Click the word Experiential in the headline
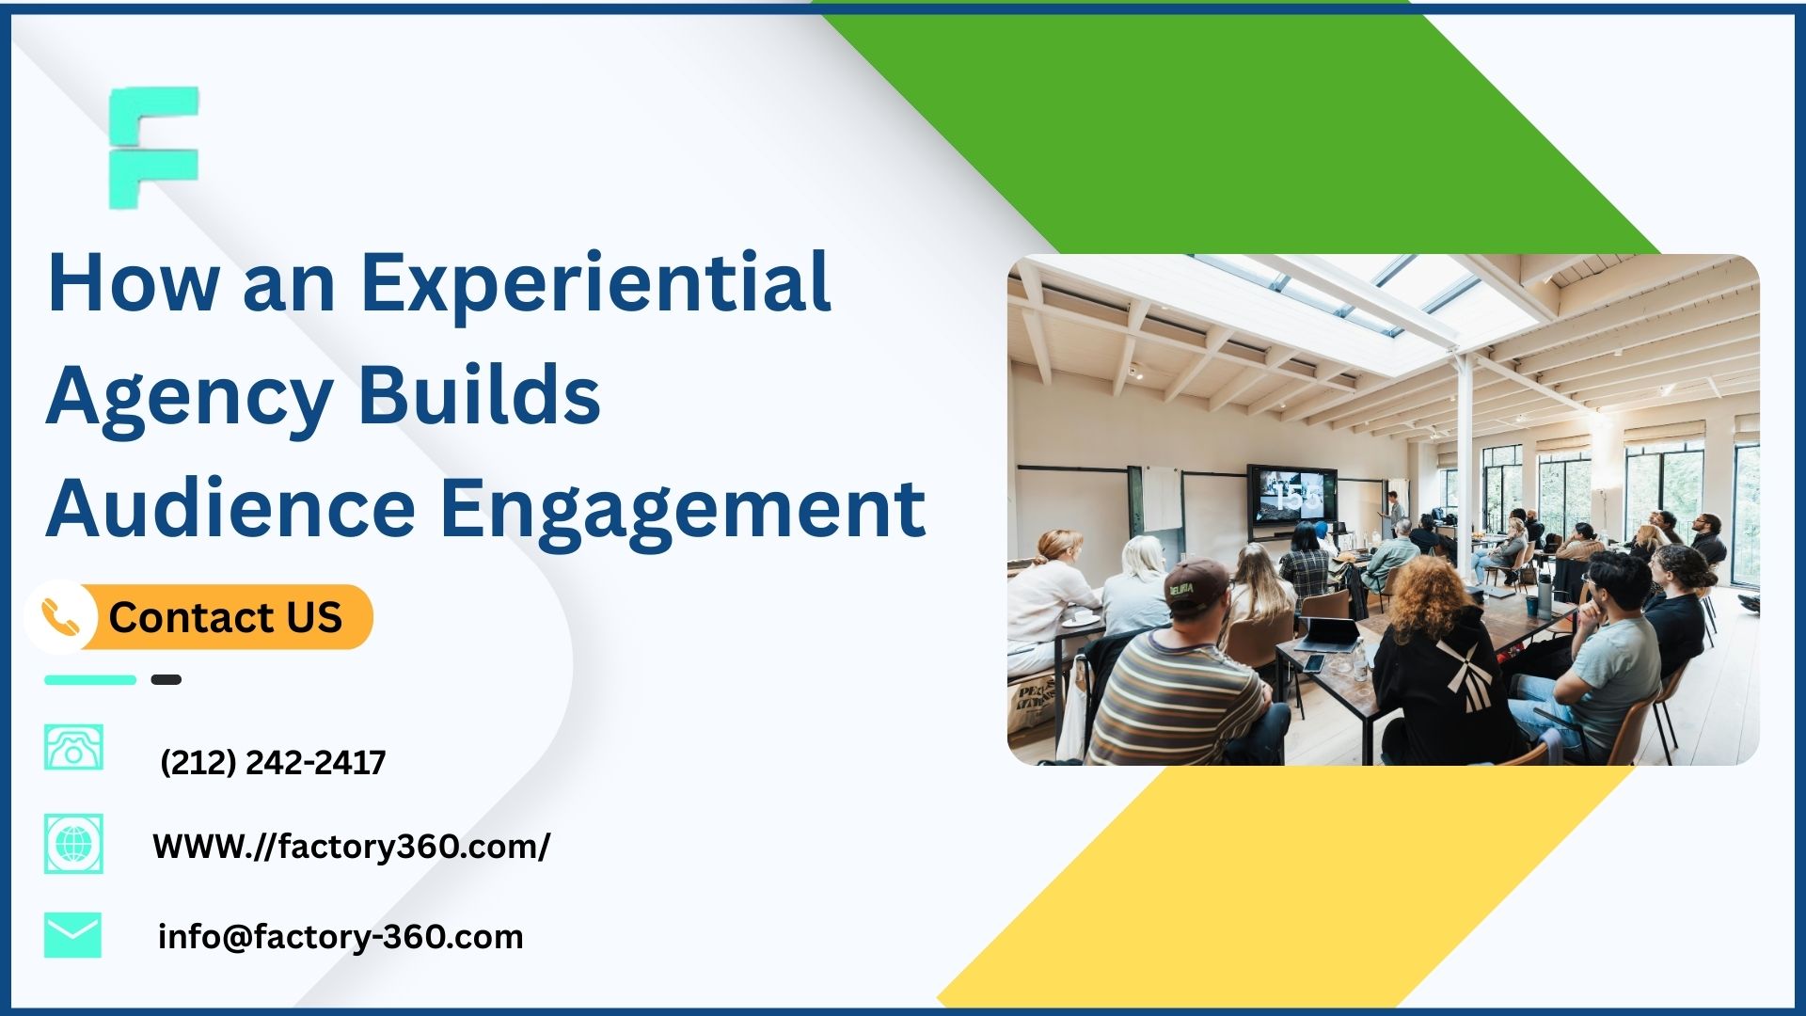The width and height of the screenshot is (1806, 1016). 595,282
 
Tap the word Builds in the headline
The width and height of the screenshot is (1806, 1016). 479,395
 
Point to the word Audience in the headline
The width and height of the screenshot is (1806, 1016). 230,509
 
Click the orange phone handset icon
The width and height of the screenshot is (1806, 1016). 60,618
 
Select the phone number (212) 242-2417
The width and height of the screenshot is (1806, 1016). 273,762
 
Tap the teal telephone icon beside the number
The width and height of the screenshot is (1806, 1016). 73,748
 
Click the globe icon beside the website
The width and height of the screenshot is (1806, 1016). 73,844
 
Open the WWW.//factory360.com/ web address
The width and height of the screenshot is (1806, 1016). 351,847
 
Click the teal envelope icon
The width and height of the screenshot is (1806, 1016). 72,935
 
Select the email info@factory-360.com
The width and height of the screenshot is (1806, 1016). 341,937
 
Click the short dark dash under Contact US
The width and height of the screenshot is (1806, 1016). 166,679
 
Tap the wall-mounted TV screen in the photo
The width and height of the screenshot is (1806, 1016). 1291,496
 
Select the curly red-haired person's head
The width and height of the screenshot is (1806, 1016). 1427,596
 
